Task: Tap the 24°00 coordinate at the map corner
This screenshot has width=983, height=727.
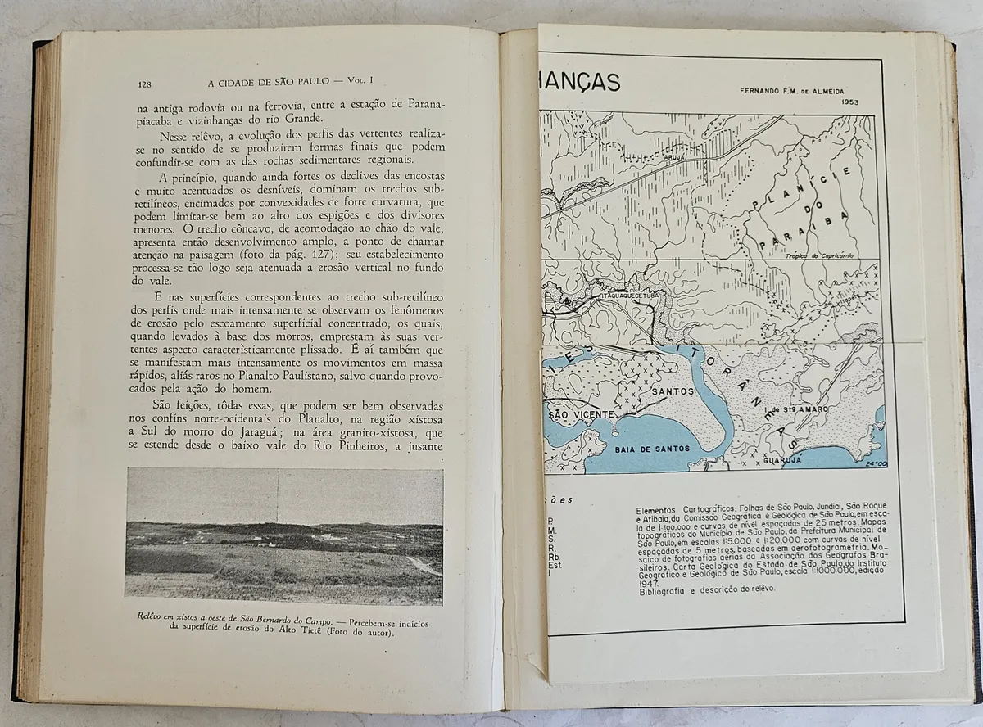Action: (874, 465)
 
